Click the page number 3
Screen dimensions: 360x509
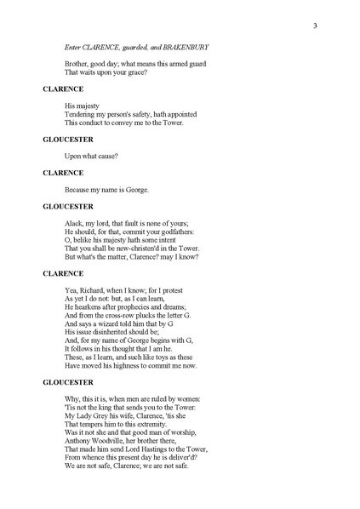click(x=315, y=25)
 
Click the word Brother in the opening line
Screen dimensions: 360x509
click(x=77, y=65)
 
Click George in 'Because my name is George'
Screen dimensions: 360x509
click(x=137, y=189)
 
